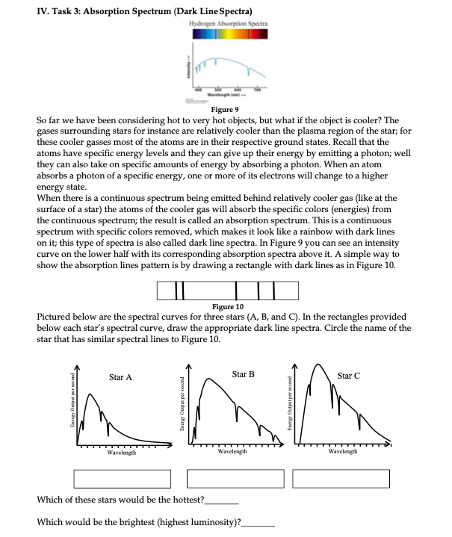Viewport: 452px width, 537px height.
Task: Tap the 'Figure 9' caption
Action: pyautogui.click(x=226, y=109)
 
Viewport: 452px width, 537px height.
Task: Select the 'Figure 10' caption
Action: pyautogui.click(x=227, y=306)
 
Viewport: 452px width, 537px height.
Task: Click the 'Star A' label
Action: pyautogui.click(x=120, y=377)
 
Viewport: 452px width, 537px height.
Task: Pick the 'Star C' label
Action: pyautogui.click(x=349, y=375)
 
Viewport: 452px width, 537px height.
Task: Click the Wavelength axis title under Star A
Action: pyautogui.click(x=120, y=453)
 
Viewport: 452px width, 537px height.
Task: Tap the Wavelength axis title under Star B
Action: pyautogui.click(x=233, y=453)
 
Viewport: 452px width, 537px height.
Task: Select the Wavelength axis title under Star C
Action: pyautogui.click(x=342, y=452)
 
